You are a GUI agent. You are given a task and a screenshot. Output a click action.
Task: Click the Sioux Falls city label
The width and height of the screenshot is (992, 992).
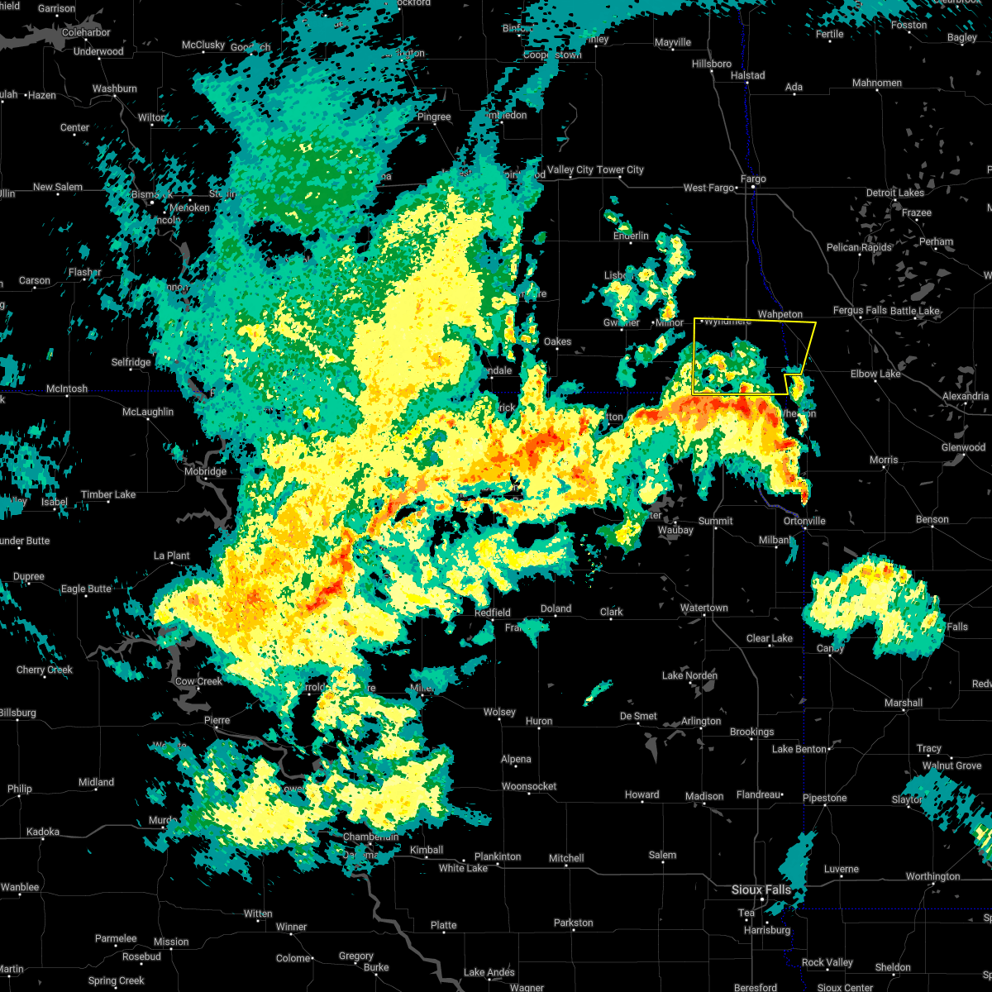[x=761, y=889]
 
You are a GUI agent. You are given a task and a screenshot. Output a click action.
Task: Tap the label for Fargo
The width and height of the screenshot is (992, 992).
[x=753, y=179]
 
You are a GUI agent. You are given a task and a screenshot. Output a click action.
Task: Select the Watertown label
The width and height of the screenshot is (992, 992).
[x=703, y=608]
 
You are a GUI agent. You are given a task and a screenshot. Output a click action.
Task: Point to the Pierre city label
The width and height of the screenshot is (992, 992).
[x=217, y=721]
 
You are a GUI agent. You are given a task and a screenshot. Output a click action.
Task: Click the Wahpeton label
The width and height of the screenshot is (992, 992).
[x=780, y=315]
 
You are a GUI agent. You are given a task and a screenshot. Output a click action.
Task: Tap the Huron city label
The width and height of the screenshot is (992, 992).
[x=539, y=722]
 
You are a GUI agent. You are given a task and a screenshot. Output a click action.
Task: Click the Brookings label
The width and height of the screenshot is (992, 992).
[x=751, y=732]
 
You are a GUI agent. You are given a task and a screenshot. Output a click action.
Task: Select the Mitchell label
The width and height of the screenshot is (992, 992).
[x=566, y=858]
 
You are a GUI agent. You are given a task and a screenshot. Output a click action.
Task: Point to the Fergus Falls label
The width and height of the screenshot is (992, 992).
[x=860, y=311]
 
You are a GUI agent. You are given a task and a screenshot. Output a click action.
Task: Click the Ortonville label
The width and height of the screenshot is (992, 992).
[x=804, y=522]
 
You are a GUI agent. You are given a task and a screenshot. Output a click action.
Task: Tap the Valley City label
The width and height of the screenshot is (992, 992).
[x=570, y=170]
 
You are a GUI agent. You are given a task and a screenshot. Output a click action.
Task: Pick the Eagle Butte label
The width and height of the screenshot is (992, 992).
[x=87, y=589]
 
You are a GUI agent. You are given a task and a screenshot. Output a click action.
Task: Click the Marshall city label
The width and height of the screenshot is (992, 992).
[x=903, y=703]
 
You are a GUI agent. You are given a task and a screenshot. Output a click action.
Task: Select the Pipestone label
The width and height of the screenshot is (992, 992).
[x=824, y=799]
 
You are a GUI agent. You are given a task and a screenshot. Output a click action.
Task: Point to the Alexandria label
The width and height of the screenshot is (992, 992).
[x=965, y=397]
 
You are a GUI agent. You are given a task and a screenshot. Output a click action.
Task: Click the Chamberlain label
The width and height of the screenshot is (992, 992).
[x=371, y=837]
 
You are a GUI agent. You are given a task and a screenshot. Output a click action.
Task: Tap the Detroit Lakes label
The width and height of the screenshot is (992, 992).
[x=894, y=193]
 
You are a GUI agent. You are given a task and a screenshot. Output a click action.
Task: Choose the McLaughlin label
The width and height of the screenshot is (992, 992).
[x=149, y=413]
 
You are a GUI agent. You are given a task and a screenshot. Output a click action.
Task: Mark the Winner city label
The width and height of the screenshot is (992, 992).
[x=291, y=928]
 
